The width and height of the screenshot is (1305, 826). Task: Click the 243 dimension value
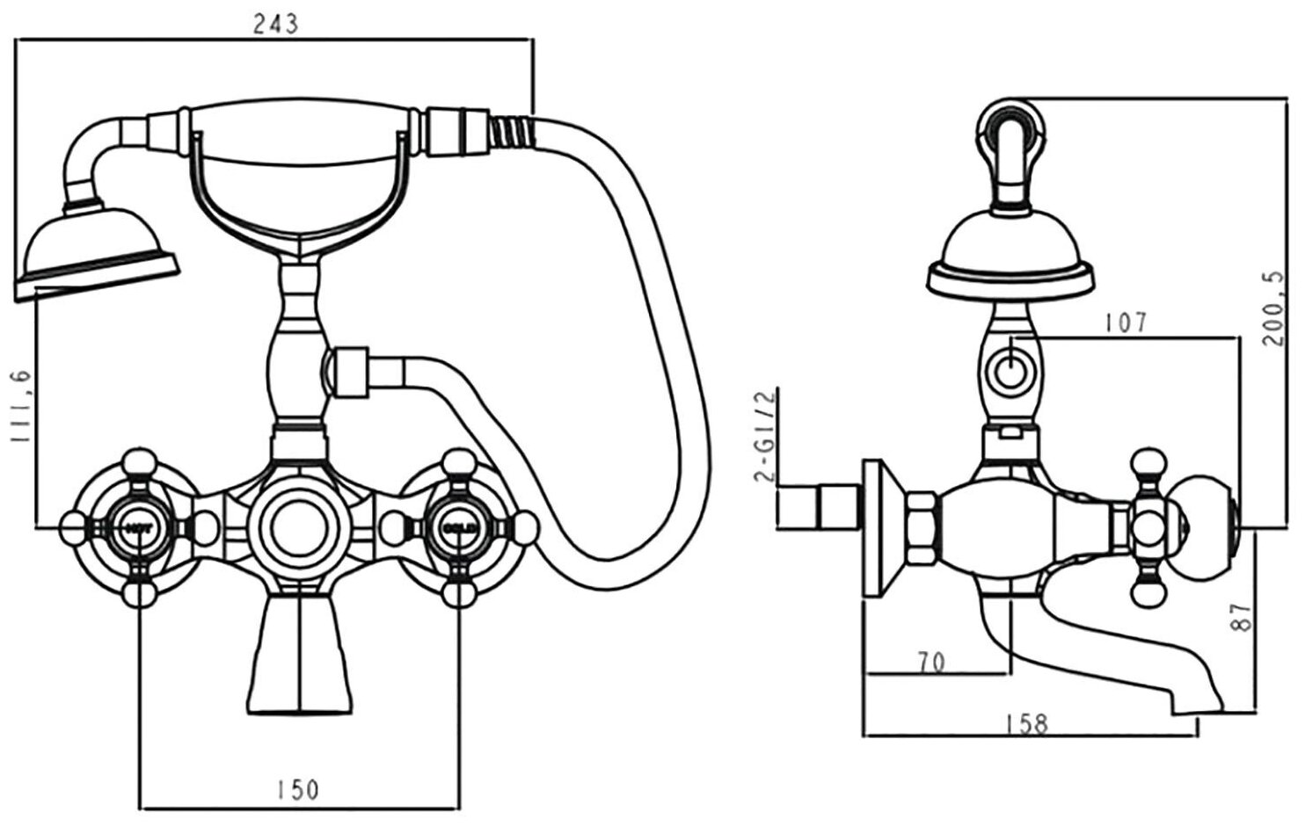pyautogui.click(x=276, y=24)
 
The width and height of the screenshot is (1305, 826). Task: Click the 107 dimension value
pyautogui.click(x=1126, y=322)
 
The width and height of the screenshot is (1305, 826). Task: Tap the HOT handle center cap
pyautogui.click(x=139, y=528)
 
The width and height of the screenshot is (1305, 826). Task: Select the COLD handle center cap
pyautogui.click(x=458, y=528)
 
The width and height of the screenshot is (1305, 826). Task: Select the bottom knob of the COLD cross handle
pyautogui.click(x=458, y=594)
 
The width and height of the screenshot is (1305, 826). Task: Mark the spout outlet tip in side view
pyautogui.click(x=1195, y=707)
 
